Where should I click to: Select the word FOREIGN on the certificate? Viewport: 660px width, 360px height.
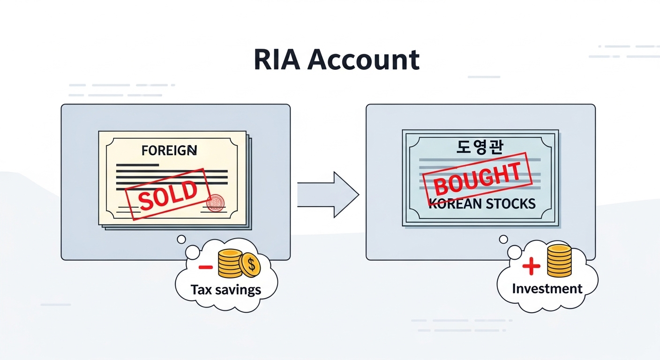point(169,150)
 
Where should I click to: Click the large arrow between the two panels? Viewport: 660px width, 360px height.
point(328,194)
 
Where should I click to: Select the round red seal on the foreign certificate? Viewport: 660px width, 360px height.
point(215,203)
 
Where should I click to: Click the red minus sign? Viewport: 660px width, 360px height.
point(205,267)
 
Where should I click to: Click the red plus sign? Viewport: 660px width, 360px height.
point(531,267)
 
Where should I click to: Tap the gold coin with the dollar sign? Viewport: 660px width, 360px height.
point(250,265)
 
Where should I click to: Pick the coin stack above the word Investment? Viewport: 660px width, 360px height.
point(559,261)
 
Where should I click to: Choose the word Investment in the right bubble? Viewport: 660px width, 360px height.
point(547,288)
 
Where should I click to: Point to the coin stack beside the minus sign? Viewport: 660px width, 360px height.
point(230,263)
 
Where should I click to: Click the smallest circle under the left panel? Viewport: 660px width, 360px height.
point(181,240)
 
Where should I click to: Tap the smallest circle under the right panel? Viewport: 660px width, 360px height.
point(503,240)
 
